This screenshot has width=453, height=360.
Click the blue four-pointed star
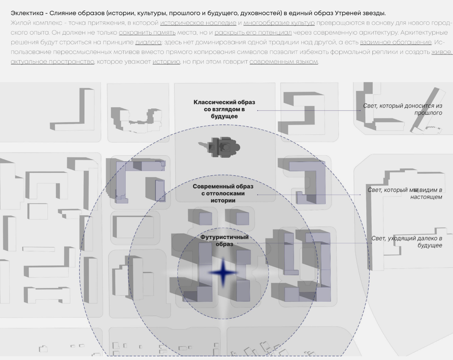point(223,273)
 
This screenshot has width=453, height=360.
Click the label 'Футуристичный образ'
point(224,240)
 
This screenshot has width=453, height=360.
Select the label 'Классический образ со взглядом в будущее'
point(224,109)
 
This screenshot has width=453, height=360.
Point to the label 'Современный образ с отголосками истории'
point(223,193)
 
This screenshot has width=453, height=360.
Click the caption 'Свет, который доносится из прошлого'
point(402,109)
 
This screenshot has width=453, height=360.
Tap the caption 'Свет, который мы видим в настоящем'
point(405,193)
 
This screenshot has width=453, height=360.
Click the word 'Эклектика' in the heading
point(27,13)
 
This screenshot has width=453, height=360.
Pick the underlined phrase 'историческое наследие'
point(198,23)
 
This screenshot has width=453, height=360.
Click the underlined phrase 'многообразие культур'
point(279,23)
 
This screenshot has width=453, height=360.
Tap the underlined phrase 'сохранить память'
point(147,33)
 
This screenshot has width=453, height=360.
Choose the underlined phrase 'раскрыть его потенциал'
point(253,33)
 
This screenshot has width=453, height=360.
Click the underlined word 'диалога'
point(148,42)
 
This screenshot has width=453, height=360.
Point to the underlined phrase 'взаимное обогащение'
point(396,42)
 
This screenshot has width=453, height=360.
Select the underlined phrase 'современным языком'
point(284,62)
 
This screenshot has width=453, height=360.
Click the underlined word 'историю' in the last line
point(166,62)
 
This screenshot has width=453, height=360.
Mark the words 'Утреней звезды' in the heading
point(360,13)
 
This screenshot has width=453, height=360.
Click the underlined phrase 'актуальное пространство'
point(52,62)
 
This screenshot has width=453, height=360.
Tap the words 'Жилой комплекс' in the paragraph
point(36,23)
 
